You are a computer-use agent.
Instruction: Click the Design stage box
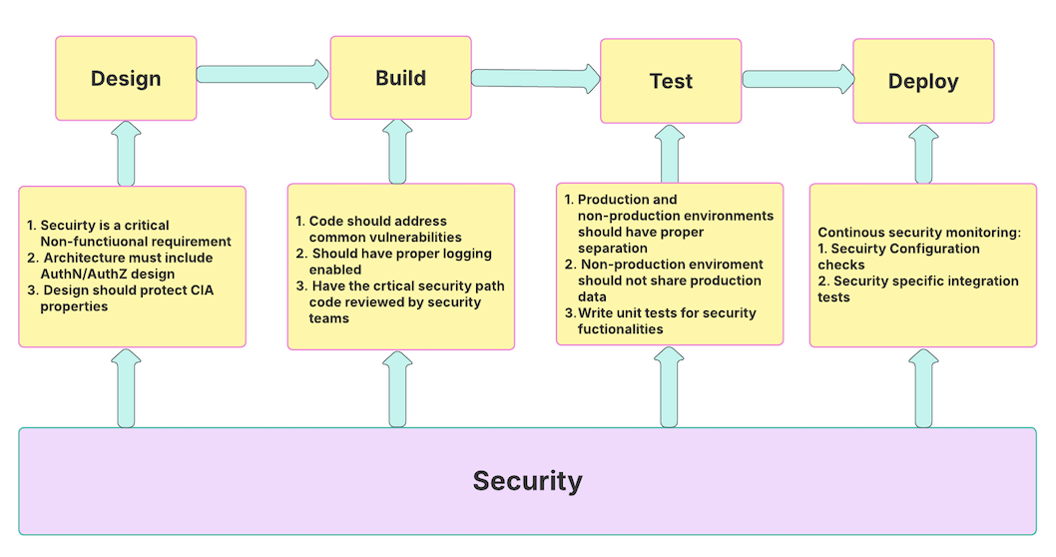[x=126, y=79]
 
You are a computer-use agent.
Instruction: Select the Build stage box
[x=400, y=78]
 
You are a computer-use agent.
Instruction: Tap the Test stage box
[x=670, y=81]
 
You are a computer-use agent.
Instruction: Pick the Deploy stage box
[x=923, y=81]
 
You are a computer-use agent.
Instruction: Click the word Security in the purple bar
[x=527, y=481]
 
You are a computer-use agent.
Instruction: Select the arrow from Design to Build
[x=263, y=74]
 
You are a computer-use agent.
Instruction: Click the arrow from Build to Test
[x=535, y=77]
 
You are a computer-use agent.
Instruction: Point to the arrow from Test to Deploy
[x=797, y=79]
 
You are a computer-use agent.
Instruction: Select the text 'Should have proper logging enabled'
[x=394, y=262]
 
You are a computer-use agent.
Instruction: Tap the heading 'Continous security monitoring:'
[x=919, y=233]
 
